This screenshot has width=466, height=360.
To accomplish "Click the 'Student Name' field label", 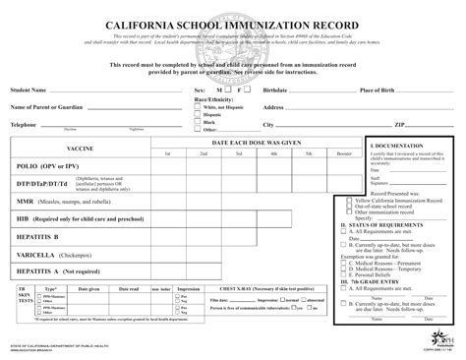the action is click(x=32, y=90).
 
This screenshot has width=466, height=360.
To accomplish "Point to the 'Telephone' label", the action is click(x=24, y=125).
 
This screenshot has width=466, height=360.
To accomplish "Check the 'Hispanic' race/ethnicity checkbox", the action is click(x=198, y=112).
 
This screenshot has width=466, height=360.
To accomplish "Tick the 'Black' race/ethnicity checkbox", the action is click(x=198, y=120).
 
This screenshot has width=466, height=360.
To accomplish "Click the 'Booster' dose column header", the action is click(x=341, y=154).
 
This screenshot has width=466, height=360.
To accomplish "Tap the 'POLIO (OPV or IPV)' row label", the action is click(x=45, y=166).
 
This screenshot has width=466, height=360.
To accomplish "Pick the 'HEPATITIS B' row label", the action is click(x=36, y=237).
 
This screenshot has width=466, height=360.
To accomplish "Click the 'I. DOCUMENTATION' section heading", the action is click(x=391, y=144).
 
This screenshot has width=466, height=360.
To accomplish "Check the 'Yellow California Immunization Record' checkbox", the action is click(x=350, y=200).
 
